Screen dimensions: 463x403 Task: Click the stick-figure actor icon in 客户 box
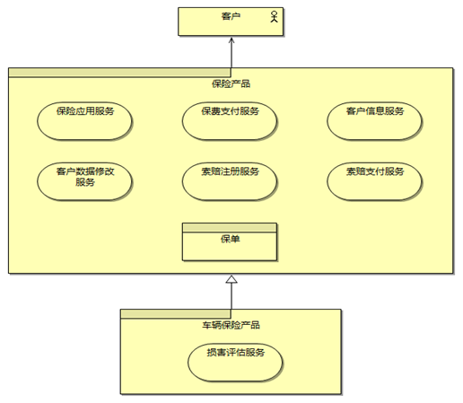(x=274, y=17)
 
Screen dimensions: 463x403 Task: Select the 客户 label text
(x=231, y=16)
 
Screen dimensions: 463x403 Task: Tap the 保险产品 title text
(x=231, y=83)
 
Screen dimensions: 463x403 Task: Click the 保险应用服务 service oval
(x=84, y=121)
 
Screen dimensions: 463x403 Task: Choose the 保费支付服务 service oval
(x=230, y=121)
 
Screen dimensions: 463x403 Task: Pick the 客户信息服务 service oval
(x=374, y=121)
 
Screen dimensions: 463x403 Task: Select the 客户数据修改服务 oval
(x=84, y=181)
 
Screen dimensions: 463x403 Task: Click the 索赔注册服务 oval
(x=230, y=181)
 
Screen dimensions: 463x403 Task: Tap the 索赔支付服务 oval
(x=374, y=181)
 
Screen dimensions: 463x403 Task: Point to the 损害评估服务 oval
(x=235, y=363)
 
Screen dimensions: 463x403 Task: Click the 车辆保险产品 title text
(x=231, y=325)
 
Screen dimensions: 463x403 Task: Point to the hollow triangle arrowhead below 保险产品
(x=231, y=279)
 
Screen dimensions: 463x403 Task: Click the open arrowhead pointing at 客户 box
(x=231, y=39)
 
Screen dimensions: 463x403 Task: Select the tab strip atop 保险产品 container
(x=119, y=73)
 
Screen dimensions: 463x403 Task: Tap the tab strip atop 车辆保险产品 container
(x=176, y=314)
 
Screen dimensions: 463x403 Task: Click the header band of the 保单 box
(x=230, y=227)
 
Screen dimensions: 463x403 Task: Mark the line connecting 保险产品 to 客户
(x=231, y=53)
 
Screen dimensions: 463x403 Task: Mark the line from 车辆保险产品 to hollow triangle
(x=231, y=296)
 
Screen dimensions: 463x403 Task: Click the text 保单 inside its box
(x=230, y=239)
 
